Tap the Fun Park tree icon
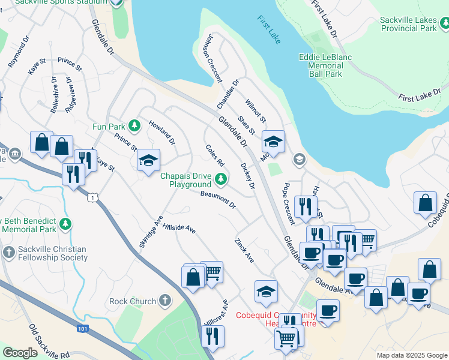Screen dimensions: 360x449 tap(136, 126)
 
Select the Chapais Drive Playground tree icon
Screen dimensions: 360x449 tap(221, 178)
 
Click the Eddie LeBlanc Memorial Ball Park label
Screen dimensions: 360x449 tap(325, 65)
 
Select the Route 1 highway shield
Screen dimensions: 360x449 tap(92, 196)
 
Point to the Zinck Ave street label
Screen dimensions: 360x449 tap(244, 250)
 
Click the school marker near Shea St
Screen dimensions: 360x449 tap(273, 142)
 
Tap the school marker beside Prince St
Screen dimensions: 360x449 tap(148, 161)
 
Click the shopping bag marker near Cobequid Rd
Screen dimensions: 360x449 tap(425, 203)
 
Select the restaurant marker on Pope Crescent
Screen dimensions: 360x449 tap(306, 207)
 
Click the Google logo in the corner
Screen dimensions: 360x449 tap(20, 353)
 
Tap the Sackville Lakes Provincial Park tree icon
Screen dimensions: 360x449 tap(444, 24)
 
